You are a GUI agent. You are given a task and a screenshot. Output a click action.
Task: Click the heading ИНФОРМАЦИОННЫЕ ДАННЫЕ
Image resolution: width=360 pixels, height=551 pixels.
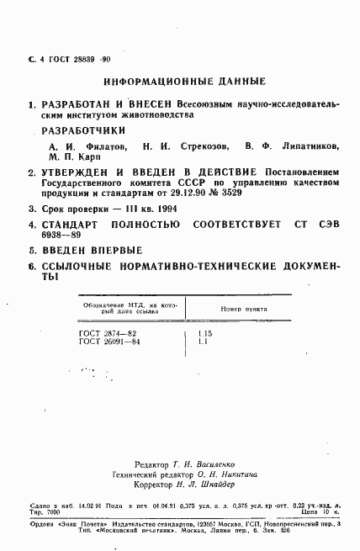tap(183, 82)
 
